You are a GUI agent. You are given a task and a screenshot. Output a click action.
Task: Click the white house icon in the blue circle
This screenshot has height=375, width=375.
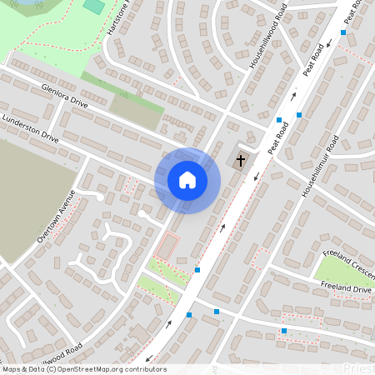[187, 180]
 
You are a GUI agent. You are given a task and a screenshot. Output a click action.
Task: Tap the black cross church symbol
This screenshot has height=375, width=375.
[241, 160]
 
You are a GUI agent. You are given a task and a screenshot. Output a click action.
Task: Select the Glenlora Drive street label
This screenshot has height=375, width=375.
[58, 96]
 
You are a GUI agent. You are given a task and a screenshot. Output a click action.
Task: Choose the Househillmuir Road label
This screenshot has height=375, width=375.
[318, 166]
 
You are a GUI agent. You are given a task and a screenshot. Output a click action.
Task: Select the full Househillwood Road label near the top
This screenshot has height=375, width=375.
[268, 39]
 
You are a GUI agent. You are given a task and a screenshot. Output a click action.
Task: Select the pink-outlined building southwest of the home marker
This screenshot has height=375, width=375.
[167, 247]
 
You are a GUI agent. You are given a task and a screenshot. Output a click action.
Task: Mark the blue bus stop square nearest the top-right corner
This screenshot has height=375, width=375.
[343, 32]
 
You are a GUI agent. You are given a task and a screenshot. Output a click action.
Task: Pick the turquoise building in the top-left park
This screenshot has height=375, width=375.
[94, 6]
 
